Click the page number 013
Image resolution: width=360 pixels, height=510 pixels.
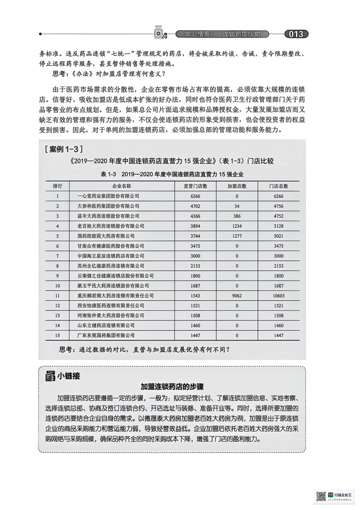pos(296,34)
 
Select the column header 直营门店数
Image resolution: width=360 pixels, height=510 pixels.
pos(195,186)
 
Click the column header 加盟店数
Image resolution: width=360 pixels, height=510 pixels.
pos(237,186)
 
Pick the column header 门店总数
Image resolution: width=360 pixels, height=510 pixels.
pos(278,186)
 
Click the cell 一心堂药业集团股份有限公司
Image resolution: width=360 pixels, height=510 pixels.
pos(108,196)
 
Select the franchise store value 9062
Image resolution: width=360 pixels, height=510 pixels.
pos(237,296)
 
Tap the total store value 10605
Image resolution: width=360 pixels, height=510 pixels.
pos(278,296)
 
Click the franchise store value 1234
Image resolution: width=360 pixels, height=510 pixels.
pos(237,226)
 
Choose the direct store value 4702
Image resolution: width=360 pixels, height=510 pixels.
pos(195,206)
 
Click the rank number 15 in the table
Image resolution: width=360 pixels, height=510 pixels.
pos(57,335)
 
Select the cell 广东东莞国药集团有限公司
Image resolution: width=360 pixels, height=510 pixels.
pos(106,335)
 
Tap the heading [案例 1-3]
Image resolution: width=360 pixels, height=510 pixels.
pos(64,149)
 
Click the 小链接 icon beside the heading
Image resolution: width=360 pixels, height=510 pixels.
pos(50,376)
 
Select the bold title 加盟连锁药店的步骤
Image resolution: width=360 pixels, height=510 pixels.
pos(172,386)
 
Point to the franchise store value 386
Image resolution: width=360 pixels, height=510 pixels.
pos(237,216)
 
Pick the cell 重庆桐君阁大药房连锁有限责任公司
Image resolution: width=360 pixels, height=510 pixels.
pos(115,296)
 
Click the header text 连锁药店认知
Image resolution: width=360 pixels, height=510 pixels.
pos(241,34)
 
